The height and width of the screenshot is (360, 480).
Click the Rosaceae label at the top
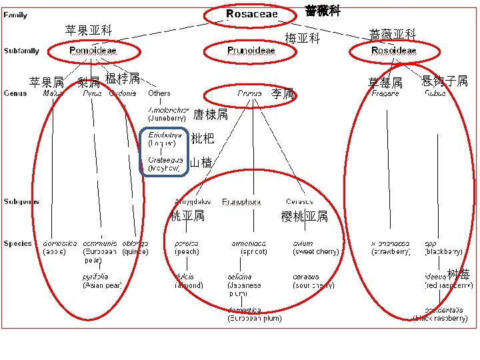(251, 14)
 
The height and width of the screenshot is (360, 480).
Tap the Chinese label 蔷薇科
(323, 11)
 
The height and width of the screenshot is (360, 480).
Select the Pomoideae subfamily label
(93, 51)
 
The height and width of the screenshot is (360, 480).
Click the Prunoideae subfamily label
(251, 51)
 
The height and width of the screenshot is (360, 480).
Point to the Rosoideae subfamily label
(393, 51)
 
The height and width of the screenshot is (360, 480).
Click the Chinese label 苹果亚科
(89, 30)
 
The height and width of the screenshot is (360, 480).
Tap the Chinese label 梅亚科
(303, 39)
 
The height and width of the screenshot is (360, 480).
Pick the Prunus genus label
(249, 94)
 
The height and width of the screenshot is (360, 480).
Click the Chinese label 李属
(283, 94)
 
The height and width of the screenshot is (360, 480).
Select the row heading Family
(15, 15)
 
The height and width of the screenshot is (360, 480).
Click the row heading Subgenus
(21, 201)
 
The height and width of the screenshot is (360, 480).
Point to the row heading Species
(17, 243)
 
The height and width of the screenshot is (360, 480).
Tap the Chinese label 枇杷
(203, 139)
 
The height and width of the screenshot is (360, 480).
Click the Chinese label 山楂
(201, 162)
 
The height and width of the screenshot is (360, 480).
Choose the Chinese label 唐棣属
(210, 115)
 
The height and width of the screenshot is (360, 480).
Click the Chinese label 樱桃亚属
(305, 216)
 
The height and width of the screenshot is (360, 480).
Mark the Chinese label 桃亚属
(187, 215)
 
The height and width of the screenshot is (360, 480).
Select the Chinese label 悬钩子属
(445, 81)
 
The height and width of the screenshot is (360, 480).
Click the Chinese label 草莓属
(385, 83)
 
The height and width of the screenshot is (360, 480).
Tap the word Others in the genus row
(159, 93)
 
